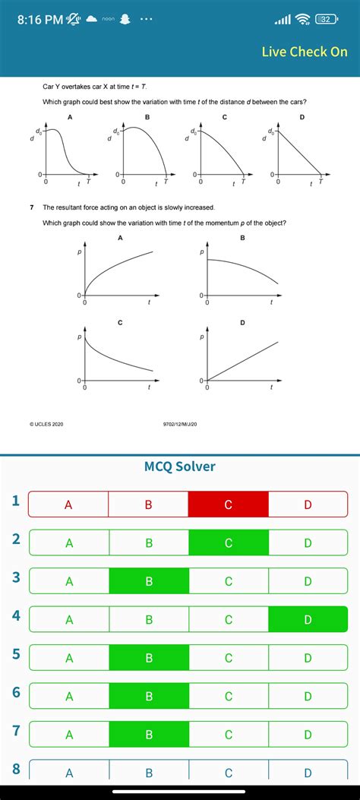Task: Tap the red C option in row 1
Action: click(229, 504)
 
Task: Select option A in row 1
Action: click(69, 504)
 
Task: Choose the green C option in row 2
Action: click(229, 542)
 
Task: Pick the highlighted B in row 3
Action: click(149, 581)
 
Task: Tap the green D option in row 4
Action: click(308, 619)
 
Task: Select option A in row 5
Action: click(69, 658)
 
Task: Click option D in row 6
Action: click(308, 696)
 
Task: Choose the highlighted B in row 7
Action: click(149, 735)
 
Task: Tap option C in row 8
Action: click(229, 773)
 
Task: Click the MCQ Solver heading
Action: click(180, 466)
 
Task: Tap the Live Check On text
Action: click(305, 52)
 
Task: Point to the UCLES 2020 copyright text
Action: click(46, 424)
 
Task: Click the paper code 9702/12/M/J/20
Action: click(180, 424)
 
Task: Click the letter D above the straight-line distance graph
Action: click(302, 117)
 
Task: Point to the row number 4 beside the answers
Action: click(15, 616)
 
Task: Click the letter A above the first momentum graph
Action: click(120, 239)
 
